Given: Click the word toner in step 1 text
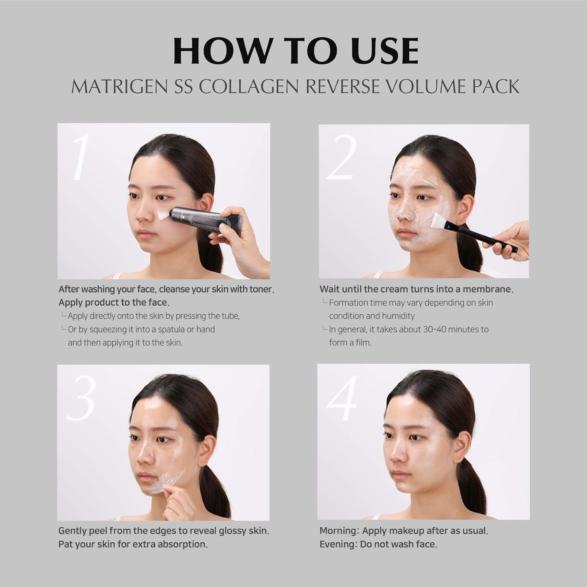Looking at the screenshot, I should tap(261, 289).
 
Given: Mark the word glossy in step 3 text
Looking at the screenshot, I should tap(221, 531).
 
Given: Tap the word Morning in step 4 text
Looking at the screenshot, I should tap(338, 531).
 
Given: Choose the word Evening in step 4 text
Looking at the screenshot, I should tap(337, 544).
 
